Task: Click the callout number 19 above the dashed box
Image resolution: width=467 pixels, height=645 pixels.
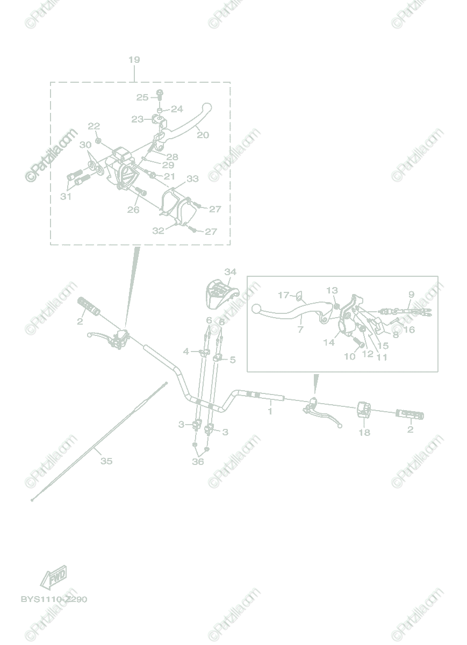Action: point(134,60)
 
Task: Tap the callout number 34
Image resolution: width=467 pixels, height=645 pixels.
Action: point(230,272)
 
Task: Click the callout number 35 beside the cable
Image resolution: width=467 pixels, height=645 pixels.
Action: point(106,461)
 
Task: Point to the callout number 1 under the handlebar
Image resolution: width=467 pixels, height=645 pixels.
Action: point(270,411)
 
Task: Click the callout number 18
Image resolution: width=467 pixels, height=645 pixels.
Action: point(364,432)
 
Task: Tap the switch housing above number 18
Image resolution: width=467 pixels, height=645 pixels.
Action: point(364,410)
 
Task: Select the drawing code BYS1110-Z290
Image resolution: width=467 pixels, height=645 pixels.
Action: point(54,599)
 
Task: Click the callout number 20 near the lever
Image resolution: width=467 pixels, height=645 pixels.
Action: point(203,135)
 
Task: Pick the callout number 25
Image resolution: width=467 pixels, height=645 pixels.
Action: point(142,97)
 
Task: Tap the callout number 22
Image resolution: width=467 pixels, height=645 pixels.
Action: point(94,126)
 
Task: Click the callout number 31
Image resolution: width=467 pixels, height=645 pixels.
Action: point(66,197)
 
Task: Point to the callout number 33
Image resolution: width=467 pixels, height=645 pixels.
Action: point(192,178)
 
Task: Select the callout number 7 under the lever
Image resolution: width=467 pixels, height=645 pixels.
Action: point(300,329)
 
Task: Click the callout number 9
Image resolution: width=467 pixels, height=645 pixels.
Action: point(411,294)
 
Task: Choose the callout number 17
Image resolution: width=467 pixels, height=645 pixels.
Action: point(284,295)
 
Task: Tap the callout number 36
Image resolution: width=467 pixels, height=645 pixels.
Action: point(198,461)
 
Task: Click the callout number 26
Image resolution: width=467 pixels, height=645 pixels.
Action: point(133,210)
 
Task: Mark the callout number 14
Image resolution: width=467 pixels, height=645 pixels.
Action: point(329,342)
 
